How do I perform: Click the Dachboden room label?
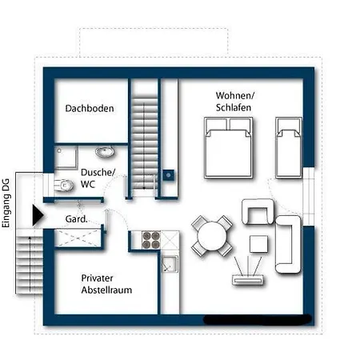click(90, 108)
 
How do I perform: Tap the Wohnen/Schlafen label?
click(234, 102)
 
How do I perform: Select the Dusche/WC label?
click(98, 178)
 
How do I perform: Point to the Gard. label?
click(77, 219)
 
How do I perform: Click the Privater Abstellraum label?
click(106, 284)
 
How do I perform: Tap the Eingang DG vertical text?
click(6, 203)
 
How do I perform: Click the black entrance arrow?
click(38, 215)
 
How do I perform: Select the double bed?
click(229, 148)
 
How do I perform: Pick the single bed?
click(289, 148)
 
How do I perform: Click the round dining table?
click(212, 236)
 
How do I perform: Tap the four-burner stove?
click(151, 240)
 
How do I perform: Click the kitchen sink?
click(170, 264)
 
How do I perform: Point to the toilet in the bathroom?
click(63, 185)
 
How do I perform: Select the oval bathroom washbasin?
click(105, 152)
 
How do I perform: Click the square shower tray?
click(66, 158)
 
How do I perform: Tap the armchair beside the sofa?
click(258, 211)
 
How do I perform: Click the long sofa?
click(288, 245)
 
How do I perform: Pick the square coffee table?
click(258, 244)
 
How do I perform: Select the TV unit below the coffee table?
click(248, 280)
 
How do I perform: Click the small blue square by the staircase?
click(169, 175)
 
